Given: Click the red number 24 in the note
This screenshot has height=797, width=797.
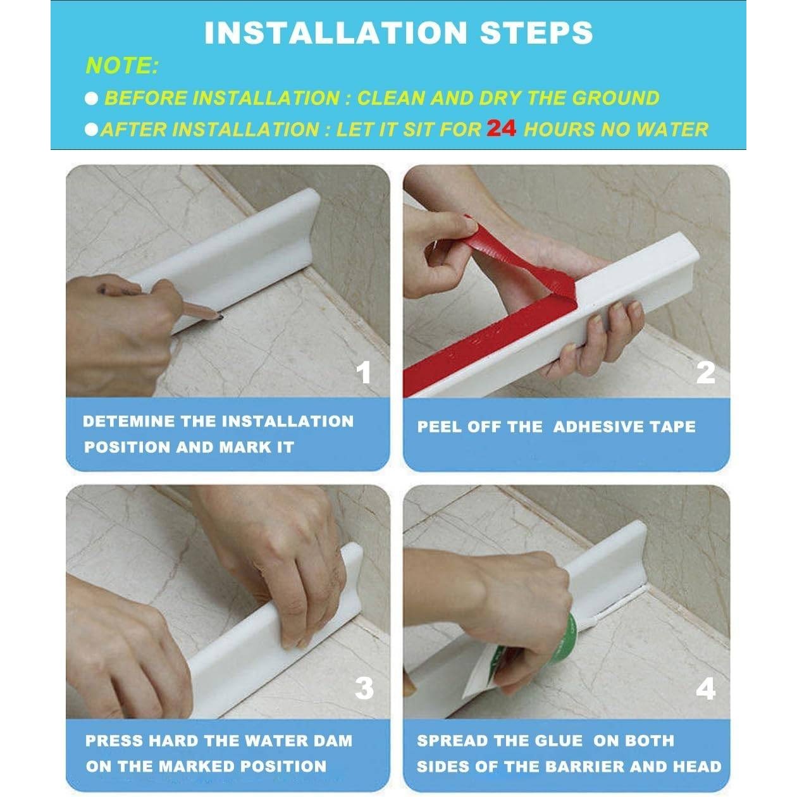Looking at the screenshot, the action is pyautogui.click(x=501, y=128).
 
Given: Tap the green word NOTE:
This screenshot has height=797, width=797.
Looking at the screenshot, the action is pyautogui.click(x=122, y=66).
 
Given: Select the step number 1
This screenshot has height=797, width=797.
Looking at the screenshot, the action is pyautogui.click(x=363, y=373).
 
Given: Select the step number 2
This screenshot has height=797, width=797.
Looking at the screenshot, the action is pyautogui.click(x=705, y=373).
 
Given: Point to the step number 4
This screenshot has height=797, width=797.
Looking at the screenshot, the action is pyautogui.click(x=705, y=689).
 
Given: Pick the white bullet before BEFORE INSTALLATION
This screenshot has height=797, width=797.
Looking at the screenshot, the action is pyautogui.click(x=92, y=99).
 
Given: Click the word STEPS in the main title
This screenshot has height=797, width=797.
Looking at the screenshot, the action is pyautogui.click(x=536, y=33).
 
